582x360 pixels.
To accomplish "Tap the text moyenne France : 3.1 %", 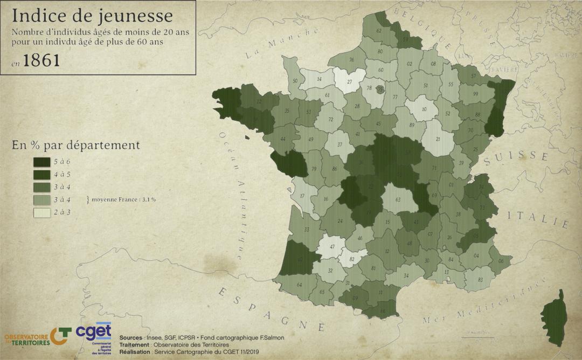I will pos(123,199).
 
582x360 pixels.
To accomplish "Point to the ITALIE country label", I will pos(538,220).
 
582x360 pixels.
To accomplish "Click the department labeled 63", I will pos(398,200).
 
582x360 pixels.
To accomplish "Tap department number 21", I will pos(437,139).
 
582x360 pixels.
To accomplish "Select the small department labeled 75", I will pos(380,89).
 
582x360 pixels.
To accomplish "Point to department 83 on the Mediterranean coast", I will pos(480,280).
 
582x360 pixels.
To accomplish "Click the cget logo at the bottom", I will pos(94,332).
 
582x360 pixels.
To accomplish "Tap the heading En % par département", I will pos(75,145).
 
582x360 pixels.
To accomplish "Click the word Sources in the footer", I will pos(131,337).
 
